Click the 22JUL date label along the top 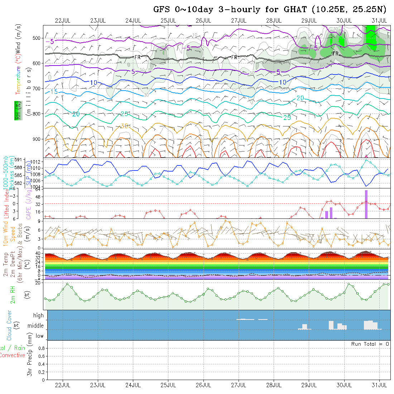coord(63,20)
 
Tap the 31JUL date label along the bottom coord(379,385)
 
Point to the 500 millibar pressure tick coord(38,38)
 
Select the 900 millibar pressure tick coord(38,139)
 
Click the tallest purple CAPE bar coord(366,204)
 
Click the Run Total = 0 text coord(370,344)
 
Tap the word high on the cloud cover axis coord(38,316)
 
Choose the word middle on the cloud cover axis coord(36,326)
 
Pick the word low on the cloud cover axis coord(39,336)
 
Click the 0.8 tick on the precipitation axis coord(41,348)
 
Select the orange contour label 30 coord(124,126)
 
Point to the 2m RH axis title coord(13,294)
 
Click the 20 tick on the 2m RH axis coord(40,283)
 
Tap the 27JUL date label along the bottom coord(239,385)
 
